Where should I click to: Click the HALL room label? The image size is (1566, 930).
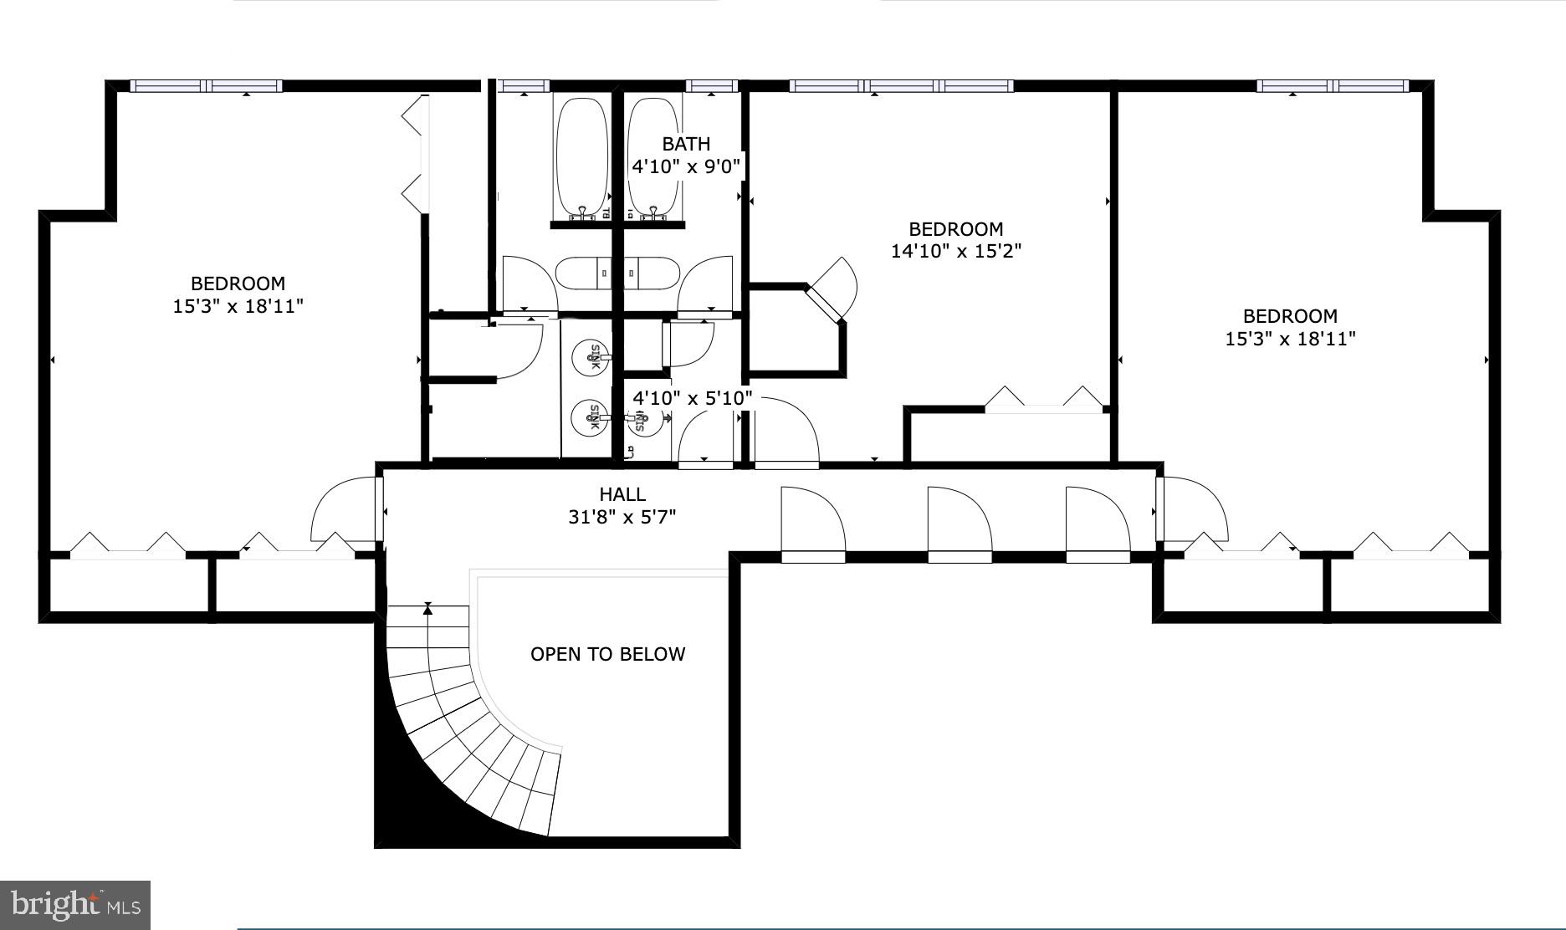622,494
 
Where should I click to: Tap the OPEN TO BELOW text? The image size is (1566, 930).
607,654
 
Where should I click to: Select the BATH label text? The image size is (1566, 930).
686,144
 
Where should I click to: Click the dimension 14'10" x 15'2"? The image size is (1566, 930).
956,251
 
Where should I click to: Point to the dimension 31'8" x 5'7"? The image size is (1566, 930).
622,518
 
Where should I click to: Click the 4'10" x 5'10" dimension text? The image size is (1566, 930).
693,398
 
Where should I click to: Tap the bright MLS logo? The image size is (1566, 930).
74,905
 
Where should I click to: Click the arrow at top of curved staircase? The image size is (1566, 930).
428,608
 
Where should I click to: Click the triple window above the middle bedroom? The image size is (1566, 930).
901,86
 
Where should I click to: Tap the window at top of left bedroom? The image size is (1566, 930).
207,86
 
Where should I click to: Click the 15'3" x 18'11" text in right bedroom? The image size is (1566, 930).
1290,339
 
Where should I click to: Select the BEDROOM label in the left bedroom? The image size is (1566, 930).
238,284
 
